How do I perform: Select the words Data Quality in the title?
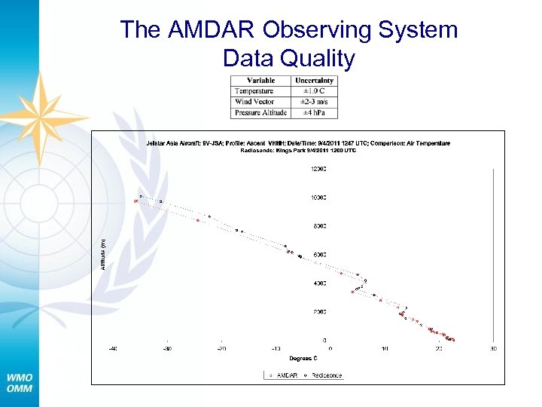pos(288,58)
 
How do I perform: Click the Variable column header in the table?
pos(260,81)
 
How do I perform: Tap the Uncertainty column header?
pos(314,81)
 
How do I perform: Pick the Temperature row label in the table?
pos(254,91)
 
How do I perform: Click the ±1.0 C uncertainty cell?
pos(314,91)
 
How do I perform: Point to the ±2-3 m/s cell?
pos(314,102)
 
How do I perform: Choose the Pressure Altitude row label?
pos(260,112)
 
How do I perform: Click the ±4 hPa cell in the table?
pos(314,112)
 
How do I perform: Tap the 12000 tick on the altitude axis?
pos(319,169)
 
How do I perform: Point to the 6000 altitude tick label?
pos(320,255)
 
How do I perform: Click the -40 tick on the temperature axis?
pos(113,349)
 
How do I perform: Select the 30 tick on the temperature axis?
pos(493,349)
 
